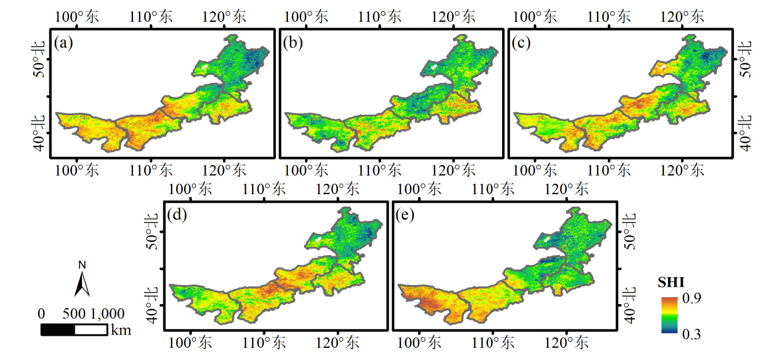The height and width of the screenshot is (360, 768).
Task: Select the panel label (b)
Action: tap(292, 44)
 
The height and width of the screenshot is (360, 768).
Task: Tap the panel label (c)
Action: tap(521, 44)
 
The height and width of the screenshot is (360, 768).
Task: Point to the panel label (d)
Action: tap(177, 216)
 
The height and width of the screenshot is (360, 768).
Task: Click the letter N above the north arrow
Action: tap(82, 265)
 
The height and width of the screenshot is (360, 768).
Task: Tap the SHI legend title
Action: tap(670, 283)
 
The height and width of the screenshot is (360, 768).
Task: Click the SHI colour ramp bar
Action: tap(670, 315)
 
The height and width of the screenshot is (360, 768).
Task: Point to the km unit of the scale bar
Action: tap(121, 330)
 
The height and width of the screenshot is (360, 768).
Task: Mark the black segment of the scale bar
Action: tap(58, 330)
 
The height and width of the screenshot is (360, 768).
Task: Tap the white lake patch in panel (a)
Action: tap(204, 68)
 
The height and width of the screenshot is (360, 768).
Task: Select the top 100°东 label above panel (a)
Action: tap(77, 16)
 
